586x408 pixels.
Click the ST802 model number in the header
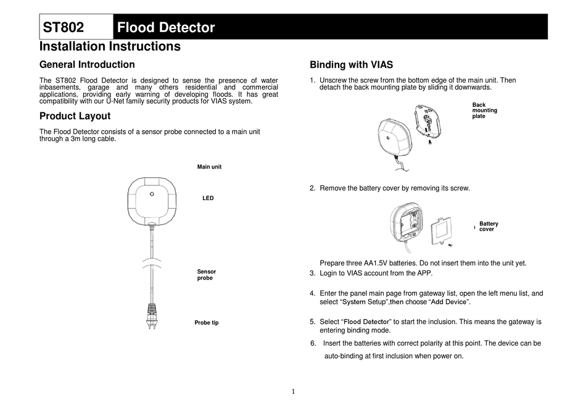click(64, 27)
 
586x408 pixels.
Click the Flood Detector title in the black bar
click(166, 27)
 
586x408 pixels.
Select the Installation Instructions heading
click(110, 46)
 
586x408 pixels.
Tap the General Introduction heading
click(87, 64)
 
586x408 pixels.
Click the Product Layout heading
click(75, 116)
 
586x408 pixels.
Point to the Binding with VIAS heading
click(351, 65)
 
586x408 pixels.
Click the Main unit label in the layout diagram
click(209, 167)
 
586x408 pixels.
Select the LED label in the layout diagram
click(208, 198)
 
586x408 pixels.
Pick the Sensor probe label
click(206, 275)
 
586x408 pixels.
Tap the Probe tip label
click(206, 323)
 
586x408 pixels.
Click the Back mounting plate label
click(484, 110)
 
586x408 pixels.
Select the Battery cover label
click(489, 227)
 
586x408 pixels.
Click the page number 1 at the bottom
click(294, 391)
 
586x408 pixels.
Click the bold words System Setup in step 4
click(364, 302)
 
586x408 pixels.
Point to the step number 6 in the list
click(313, 343)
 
